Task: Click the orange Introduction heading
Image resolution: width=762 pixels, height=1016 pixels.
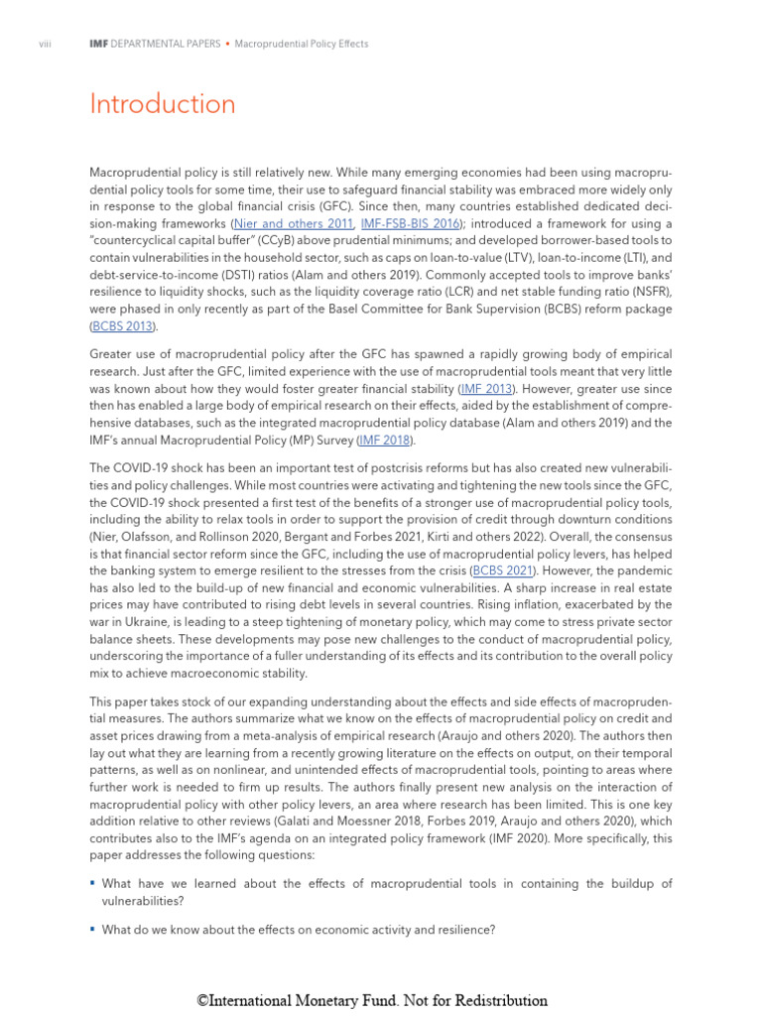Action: (x=163, y=104)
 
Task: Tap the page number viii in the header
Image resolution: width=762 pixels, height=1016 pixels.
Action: (x=44, y=44)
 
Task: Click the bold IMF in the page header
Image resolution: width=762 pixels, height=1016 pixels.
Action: (x=98, y=44)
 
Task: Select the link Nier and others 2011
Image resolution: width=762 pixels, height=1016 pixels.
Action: (x=294, y=224)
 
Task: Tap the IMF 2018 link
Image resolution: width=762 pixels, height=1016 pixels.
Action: (x=384, y=440)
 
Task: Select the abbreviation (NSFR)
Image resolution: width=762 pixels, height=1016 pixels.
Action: (x=647, y=292)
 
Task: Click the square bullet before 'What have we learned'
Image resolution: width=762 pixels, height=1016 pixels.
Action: (x=92, y=882)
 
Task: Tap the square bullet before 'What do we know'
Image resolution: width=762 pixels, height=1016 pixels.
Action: (x=92, y=929)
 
